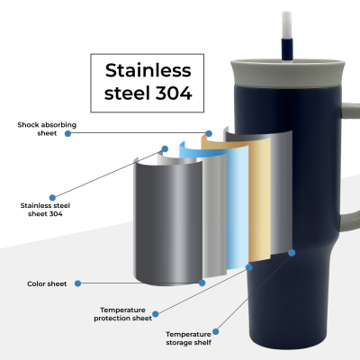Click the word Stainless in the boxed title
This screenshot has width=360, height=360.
point(148,70)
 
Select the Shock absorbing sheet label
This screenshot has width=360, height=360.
point(47,129)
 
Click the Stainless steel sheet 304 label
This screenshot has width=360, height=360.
point(45,210)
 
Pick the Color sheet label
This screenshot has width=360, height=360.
point(47,283)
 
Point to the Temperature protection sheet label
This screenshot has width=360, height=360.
point(123,314)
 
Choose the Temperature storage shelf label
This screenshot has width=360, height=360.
point(188,338)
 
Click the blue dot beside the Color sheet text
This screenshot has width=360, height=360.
point(77,283)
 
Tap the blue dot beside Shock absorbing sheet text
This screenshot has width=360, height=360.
point(67,133)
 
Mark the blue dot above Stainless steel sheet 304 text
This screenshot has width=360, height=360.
point(52,197)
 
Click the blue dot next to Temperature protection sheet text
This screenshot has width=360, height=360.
point(156,314)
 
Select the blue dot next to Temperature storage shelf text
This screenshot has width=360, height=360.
point(216,332)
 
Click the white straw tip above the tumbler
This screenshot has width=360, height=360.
point(287,25)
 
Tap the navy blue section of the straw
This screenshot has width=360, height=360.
point(287,49)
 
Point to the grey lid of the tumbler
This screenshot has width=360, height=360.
point(288,73)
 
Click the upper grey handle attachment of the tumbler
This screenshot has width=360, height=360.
point(350,111)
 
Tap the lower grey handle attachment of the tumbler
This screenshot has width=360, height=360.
point(350,221)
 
